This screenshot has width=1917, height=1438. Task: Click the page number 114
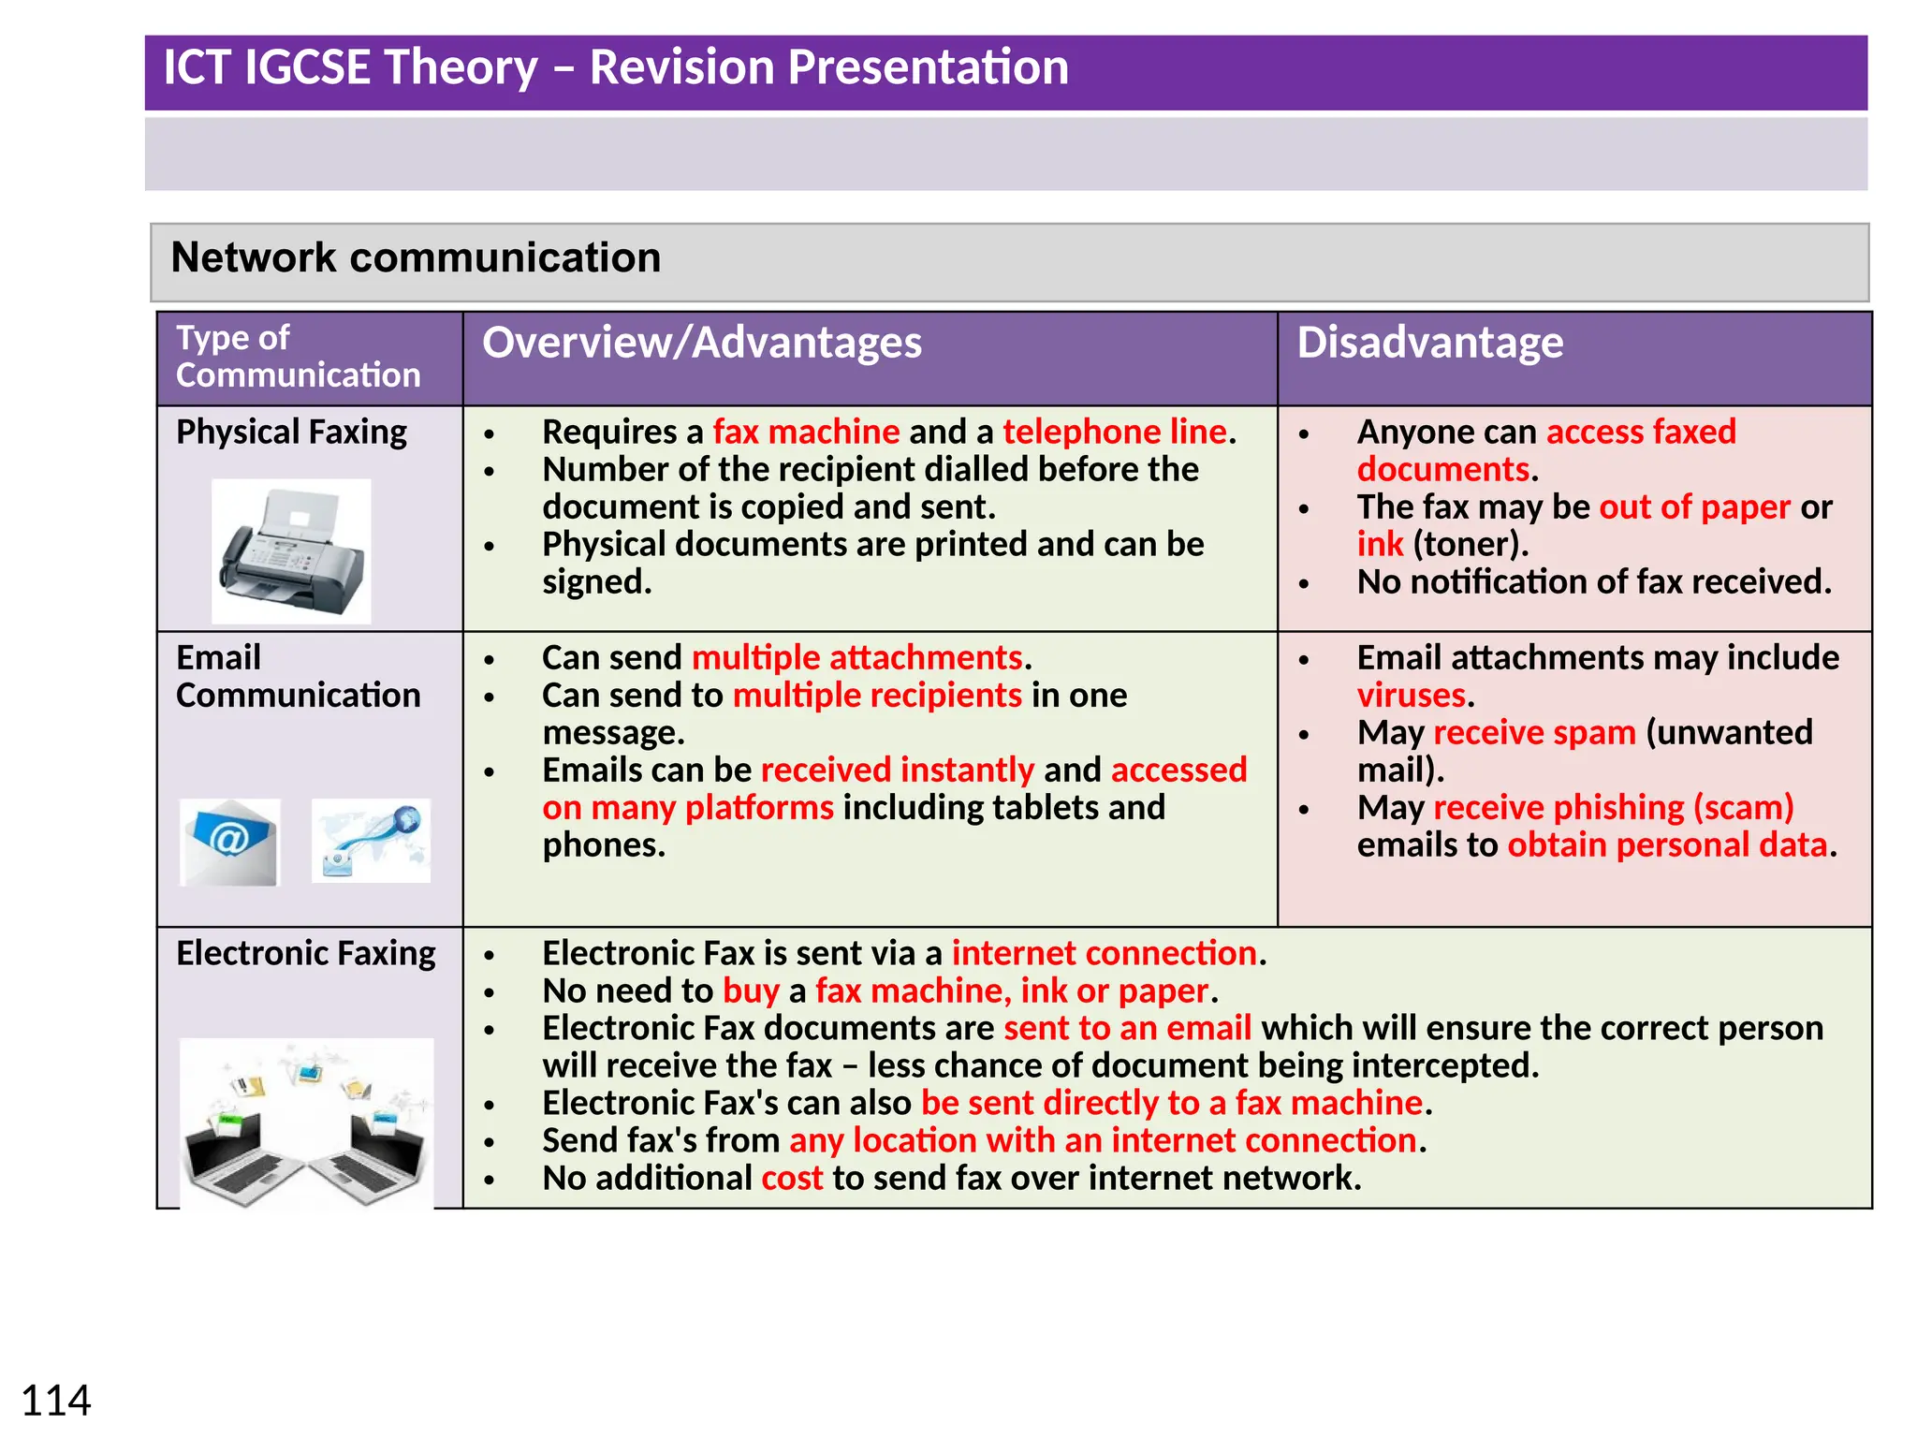pyautogui.click(x=55, y=1401)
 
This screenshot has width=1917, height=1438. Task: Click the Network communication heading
pyautogui.click(x=416, y=257)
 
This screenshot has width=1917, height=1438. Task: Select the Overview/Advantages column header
pyautogui.click(x=701, y=343)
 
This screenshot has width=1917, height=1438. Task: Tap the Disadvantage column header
pyautogui.click(x=1429, y=343)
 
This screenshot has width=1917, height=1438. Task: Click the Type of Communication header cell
pyautogui.click(x=298, y=357)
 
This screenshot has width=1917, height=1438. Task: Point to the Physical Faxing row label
pyautogui.click(x=291, y=433)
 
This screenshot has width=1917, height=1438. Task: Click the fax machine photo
pyautogui.click(x=291, y=551)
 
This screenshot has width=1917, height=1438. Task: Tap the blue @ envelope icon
pyautogui.click(x=230, y=841)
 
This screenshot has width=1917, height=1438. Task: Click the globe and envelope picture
pyautogui.click(x=371, y=841)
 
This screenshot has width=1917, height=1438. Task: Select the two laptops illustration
pyautogui.click(x=306, y=1123)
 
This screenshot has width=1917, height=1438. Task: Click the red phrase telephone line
pyautogui.click(x=1114, y=433)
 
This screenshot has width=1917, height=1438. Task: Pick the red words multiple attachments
pyautogui.click(x=856, y=658)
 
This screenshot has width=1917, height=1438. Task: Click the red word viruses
pyautogui.click(x=1412, y=696)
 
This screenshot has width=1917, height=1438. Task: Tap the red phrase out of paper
pyautogui.click(x=1694, y=507)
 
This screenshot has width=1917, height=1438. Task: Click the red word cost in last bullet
pyautogui.click(x=792, y=1178)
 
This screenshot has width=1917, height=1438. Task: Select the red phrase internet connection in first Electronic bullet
pyautogui.click(x=1104, y=953)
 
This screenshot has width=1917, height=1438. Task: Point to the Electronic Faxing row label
pyautogui.click(x=306, y=953)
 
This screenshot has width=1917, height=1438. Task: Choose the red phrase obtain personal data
pyautogui.click(x=1666, y=845)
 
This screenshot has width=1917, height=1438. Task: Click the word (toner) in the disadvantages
pyautogui.click(x=1470, y=545)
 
